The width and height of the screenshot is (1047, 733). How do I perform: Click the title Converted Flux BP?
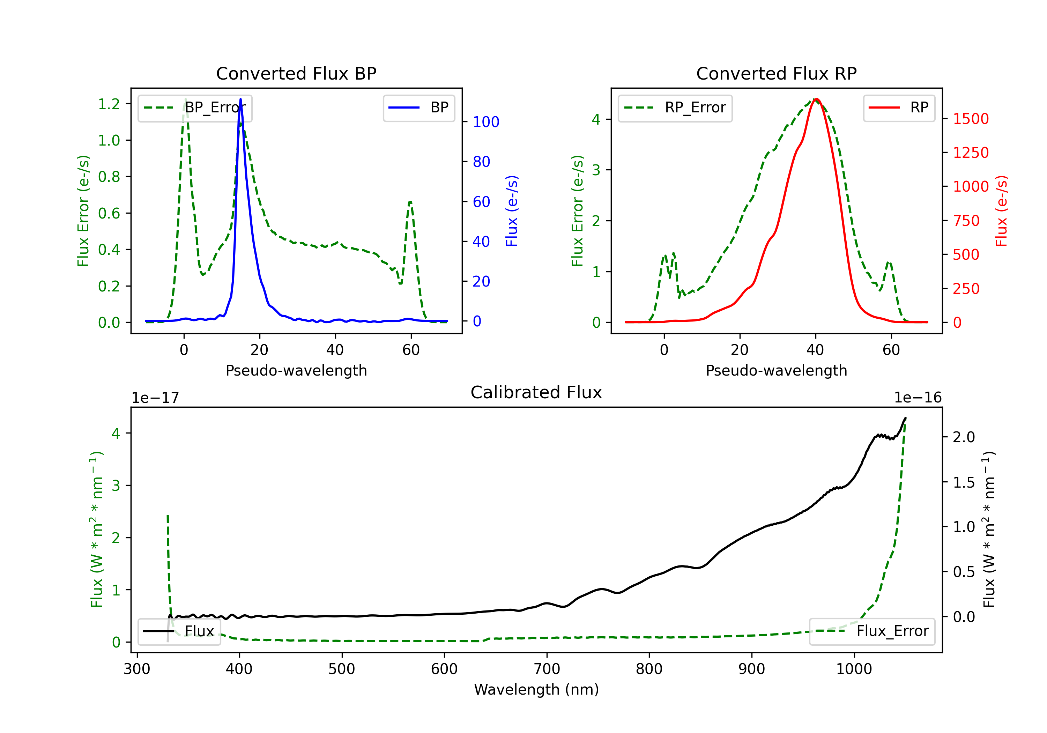296,73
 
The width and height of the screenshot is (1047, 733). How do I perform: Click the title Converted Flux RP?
776,73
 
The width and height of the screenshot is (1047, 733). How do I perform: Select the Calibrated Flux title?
536,392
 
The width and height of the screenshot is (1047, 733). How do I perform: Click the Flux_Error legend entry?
872,631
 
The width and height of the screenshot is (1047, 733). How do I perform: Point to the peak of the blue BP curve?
241,99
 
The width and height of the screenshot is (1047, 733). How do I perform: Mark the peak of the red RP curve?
816,99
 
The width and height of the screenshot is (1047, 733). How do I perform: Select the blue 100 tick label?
486,122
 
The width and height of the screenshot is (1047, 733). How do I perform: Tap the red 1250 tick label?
971,152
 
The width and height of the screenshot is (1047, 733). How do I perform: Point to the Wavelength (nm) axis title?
536,689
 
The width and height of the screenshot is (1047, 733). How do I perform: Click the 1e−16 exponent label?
918,398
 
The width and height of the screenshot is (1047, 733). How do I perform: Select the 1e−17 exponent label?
156,398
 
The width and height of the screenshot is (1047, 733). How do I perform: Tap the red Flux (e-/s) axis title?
1001,211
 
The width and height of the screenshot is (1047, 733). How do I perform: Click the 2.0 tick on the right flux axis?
964,437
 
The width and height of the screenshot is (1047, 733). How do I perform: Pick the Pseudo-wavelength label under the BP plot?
296,370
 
